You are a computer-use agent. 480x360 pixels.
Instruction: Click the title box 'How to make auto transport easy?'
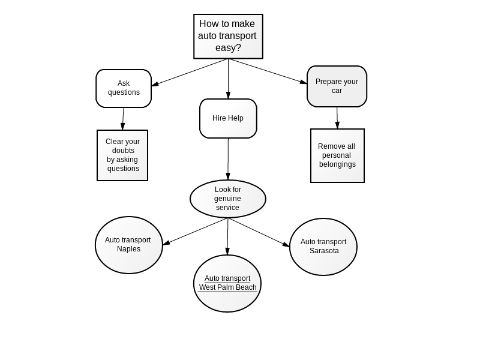tap(228, 36)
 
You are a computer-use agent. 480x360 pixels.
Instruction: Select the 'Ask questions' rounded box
tap(124, 88)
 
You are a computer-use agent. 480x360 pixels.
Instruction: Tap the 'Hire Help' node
tap(228, 118)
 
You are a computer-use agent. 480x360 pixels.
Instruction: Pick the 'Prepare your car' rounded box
tap(337, 86)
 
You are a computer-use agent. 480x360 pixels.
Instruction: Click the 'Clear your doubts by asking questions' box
tap(122, 155)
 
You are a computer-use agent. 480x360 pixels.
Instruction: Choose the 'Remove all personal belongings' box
tap(337, 155)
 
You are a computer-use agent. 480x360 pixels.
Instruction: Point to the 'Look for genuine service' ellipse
tap(228, 199)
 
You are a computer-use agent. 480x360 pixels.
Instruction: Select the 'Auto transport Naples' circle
tap(128, 245)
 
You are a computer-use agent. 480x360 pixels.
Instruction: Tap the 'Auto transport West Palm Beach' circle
tap(227, 283)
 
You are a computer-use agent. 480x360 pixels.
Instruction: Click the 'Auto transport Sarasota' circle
tap(323, 247)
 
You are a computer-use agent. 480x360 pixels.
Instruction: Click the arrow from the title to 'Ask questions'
tap(190, 72)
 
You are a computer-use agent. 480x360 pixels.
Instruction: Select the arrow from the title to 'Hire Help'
tap(228, 79)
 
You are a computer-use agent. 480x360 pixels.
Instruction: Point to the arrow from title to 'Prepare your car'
tap(267, 71)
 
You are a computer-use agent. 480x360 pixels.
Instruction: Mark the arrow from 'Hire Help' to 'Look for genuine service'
tap(228, 159)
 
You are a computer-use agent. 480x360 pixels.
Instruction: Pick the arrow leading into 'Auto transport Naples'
tap(196, 232)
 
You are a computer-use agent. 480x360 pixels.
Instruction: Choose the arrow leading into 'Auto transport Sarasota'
tap(259, 232)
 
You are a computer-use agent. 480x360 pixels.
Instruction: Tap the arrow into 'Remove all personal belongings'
tap(337, 118)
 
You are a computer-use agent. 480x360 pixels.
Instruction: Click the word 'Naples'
tap(128, 249)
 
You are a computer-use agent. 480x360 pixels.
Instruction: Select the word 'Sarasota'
tap(324, 251)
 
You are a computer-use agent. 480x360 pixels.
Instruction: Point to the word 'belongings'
tap(337, 164)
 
